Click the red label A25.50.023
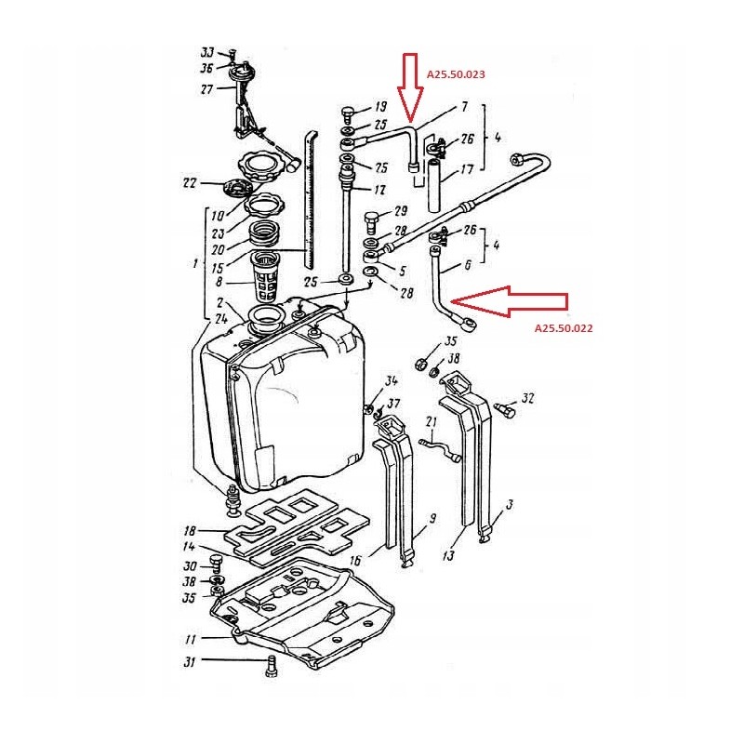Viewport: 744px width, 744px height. click(456, 73)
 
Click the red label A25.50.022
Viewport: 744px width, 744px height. click(564, 327)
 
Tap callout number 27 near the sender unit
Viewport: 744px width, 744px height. click(206, 89)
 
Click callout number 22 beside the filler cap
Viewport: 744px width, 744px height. click(190, 183)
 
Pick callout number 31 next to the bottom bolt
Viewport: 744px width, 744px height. click(190, 661)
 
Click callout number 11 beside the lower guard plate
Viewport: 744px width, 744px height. click(191, 640)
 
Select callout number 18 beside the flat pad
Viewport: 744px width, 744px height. click(190, 527)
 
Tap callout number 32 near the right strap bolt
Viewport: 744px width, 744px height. click(527, 398)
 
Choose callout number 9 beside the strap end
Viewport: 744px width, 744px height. click(432, 518)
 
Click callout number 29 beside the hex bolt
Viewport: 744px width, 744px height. click(401, 212)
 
